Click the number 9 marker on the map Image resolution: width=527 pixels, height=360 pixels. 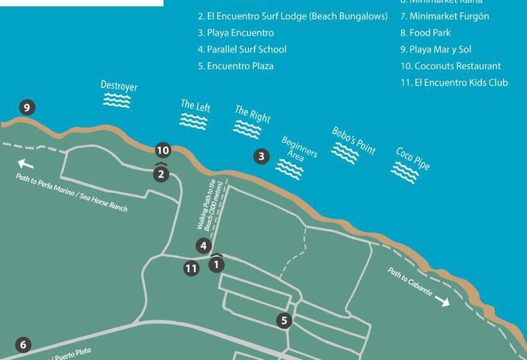26,107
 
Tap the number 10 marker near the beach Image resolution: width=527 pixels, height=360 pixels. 163,150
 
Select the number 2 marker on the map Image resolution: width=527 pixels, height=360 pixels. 161,174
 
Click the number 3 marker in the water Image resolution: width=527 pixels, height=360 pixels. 261,156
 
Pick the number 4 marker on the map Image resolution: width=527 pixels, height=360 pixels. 203,246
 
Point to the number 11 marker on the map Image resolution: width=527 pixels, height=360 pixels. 191,268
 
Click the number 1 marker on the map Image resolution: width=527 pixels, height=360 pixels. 217,264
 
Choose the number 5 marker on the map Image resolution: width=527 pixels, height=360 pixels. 285,320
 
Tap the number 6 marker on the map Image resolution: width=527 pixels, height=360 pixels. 23,345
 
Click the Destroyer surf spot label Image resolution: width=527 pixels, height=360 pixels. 119,85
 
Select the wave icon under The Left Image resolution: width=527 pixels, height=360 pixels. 193,121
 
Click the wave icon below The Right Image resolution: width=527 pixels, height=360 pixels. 247,129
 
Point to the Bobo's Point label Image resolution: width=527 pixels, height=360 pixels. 353,140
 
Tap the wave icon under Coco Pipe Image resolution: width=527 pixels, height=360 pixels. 405,172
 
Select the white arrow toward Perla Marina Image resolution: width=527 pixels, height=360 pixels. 26,163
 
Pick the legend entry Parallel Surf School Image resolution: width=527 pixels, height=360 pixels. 242,50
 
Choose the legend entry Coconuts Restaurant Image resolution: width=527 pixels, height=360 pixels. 450,66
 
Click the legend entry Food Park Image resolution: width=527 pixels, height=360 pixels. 425,33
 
